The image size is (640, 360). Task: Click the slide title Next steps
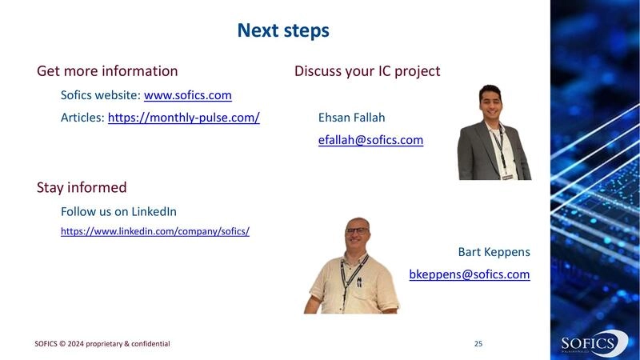pos(283,30)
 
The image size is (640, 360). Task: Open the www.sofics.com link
pos(187,95)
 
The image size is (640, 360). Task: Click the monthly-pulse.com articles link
pos(183,118)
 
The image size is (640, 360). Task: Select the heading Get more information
pos(107,71)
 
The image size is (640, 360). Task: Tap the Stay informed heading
pos(82,188)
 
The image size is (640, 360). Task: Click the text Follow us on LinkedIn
pos(118,212)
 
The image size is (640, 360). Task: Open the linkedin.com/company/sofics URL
pos(155,231)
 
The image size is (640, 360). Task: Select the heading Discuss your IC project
pos(367,71)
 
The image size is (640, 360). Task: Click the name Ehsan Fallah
pos(351,118)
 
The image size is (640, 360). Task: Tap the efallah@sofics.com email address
pos(370,140)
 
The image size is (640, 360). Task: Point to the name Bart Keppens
pos(494,252)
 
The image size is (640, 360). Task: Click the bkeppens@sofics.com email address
pos(469,274)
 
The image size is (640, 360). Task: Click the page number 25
pos(478,344)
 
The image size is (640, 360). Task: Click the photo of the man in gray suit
pos(494,132)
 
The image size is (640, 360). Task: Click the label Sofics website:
pos(101,95)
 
